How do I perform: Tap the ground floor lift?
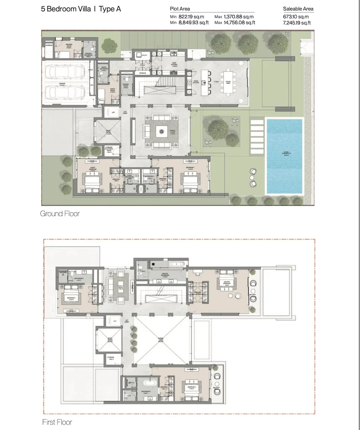[113, 113]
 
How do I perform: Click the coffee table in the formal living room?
[161, 131]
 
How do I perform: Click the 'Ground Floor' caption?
[60, 214]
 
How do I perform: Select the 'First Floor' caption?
[57, 422]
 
